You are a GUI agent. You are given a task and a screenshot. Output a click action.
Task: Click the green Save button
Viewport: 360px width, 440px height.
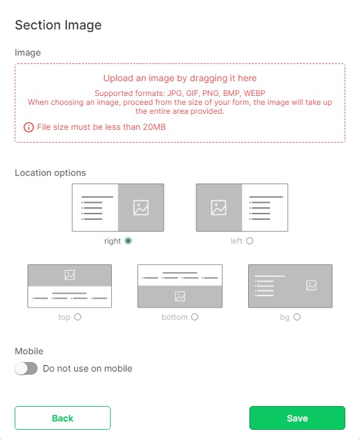(x=297, y=418)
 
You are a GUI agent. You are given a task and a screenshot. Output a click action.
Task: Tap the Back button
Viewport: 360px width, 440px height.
(x=63, y=418)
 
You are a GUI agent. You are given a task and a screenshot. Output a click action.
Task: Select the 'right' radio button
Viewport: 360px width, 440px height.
(x=129, y=240)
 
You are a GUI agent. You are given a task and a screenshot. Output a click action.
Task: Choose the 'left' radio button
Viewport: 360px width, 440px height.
(x=249, y=240)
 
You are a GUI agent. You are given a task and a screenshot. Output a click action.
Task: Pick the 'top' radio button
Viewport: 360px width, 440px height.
(x=78, y=317)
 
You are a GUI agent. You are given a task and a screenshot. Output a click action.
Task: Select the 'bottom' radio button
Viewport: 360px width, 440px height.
(x=195, y=317)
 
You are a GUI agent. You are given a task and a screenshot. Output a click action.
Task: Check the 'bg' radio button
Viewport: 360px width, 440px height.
(x=297, y=317)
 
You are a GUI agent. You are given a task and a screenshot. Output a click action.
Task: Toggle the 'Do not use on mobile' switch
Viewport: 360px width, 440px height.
(x=26, y=368)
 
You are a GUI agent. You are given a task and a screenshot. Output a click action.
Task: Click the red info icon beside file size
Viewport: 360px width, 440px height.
(x=29, y=127)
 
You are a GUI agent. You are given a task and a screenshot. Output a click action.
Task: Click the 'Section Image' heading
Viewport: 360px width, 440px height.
(x=58, y=25)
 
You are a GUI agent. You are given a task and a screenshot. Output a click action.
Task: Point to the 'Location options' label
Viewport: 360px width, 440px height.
(x=51, y=173)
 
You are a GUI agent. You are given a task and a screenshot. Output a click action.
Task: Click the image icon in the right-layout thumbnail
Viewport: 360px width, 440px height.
(x=141, y=208)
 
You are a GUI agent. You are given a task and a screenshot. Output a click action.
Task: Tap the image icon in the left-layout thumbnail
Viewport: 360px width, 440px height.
(x=219, y=208)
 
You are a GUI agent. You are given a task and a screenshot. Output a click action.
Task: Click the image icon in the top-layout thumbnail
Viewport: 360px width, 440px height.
(x=70, y=275)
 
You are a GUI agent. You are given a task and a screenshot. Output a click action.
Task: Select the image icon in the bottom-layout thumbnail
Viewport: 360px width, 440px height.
(x=180, y=296)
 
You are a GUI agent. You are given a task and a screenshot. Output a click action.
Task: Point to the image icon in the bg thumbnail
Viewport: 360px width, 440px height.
(x=311, y=285)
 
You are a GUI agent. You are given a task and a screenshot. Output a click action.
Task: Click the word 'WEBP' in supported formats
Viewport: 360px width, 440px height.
(x=254, y=93)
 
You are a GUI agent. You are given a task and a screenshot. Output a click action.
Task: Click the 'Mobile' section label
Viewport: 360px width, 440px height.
(x=29, y=351)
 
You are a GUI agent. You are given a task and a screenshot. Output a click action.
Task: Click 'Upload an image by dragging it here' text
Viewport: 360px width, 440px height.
(x=180, y=78)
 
